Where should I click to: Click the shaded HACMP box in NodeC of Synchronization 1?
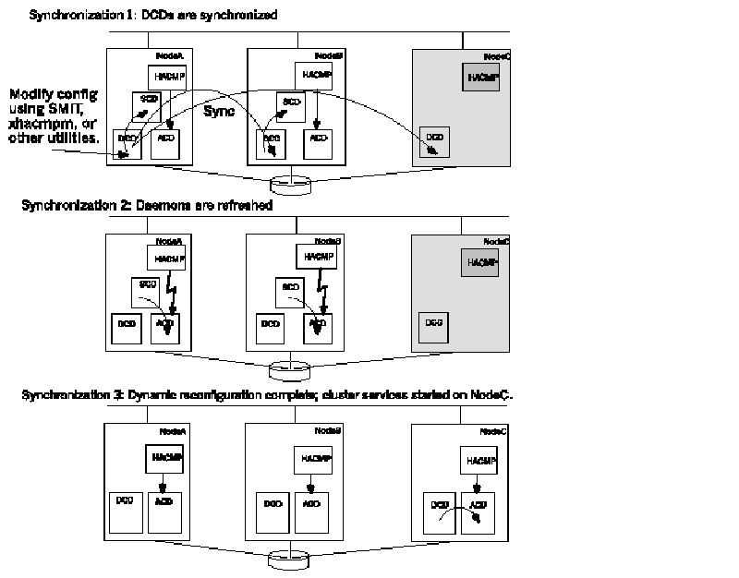point(480,77)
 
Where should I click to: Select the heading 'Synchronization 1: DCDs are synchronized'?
point(153,16)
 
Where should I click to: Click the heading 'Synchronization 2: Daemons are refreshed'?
point(147,205)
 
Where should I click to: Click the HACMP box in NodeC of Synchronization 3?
point(480,460)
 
